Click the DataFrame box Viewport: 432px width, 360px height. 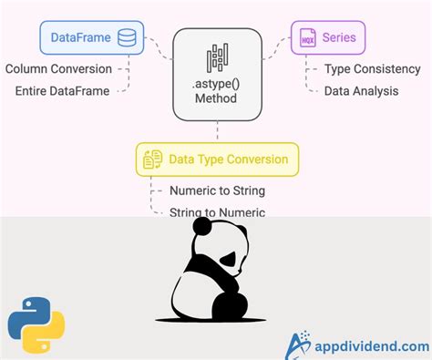pyautogui.click(x=91, y=38)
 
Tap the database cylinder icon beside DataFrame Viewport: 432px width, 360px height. pyautogui.click(x=127, y=38)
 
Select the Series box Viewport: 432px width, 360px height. pyautogui.click(x=328, y=38)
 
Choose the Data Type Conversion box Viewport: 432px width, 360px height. pyautogui.click(x=217, y=159)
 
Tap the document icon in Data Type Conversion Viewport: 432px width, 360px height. pyautogui.click(x=152, y=159)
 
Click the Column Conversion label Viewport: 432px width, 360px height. pyautogui.click(x=58, y=68)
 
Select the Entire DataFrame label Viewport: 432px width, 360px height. pyautogui.click(x=62, y=90)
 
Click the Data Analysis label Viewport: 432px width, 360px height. pyautogui.click(x=362, y=90)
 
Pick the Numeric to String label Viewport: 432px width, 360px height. pyautogui.click(x=217, y=190)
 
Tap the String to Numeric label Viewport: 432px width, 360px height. pyautogui.click(x=217, y=212)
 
